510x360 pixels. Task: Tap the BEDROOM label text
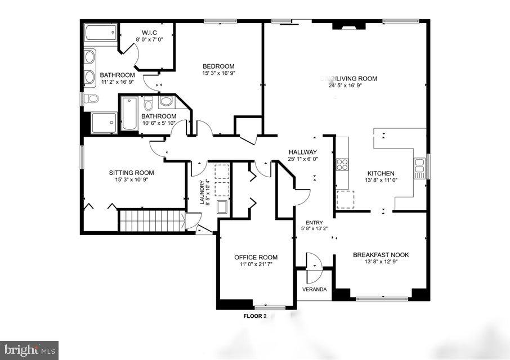click(x=218, y=66)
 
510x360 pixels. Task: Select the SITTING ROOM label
click(x=131, y=173)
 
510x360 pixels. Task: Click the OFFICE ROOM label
click(x=256, y=258)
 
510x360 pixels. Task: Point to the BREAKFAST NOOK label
click(x=381, y=255)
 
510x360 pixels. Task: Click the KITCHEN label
click(x=381, y=173)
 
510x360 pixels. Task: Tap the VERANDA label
click(x=314, y=289)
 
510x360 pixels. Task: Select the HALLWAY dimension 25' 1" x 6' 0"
click(x=303, y=160)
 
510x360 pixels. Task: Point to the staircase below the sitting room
click(x=152, y=220)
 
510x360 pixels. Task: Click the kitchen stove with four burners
click(x=342, y=164)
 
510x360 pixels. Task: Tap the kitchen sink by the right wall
click(x=419, y=168)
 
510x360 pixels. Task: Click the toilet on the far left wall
click(x=91, y=98)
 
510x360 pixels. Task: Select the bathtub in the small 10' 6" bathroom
click(x=129, y=114)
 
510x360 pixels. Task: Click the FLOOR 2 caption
click(x=254, y=316)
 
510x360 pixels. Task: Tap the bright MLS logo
click(x=29, y=350)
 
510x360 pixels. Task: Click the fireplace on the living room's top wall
click(x=344, y=25)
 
